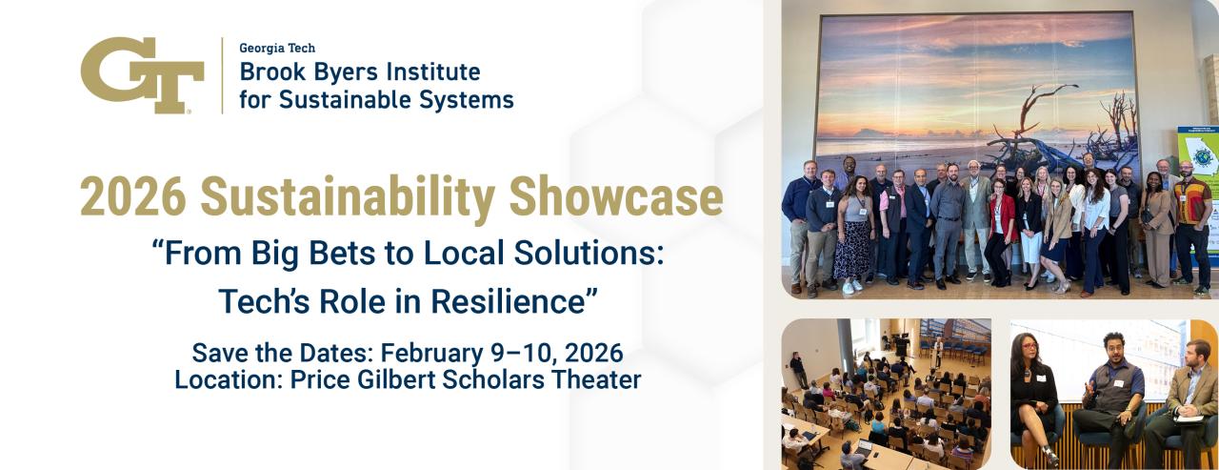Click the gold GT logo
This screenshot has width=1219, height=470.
coord(142,76)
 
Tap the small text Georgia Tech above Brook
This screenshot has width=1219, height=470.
coord(277,48)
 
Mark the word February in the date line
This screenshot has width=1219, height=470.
coord(447,353)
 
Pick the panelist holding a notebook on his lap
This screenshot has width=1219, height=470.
coord(1190,396)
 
